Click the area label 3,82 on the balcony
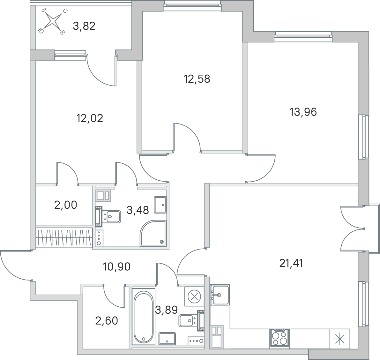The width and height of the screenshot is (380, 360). [x=84, y=26]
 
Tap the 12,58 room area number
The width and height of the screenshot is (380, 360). [x=197, y=79]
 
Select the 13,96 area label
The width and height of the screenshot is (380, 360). [x=303, y=112]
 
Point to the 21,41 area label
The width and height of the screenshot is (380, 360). [x=291, y=263]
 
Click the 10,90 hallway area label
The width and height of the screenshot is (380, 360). [x=117, y=267]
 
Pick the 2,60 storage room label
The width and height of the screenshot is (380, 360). [x=107, y=321]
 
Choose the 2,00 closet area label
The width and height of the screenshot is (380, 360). [x=66, y=205]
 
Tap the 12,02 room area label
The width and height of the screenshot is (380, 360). [x=90, y=118]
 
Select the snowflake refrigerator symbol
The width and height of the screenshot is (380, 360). [x=339, y=339]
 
